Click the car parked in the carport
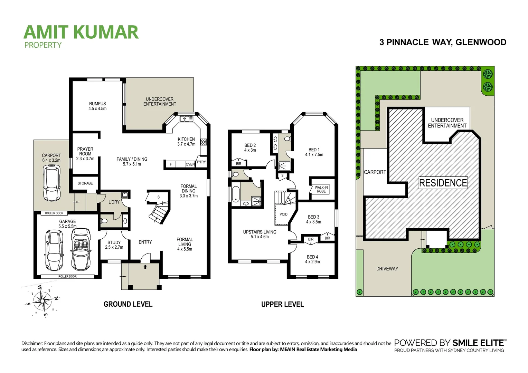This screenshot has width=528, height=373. coord(51,183)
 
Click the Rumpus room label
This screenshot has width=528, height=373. coord(97,106)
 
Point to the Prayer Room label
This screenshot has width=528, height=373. coord(85,154)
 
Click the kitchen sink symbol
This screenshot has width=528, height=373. coord(186,119)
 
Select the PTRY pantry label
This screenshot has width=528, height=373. coord(201,162)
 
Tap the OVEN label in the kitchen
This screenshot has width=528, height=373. coord(190,164)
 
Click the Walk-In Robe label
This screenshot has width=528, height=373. coord(321,189)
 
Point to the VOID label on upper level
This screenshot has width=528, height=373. coord(283,214)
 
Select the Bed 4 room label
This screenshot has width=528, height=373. coord(312,259)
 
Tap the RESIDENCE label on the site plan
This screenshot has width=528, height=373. coord(443,183)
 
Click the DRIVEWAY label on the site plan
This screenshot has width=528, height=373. coord(387,269)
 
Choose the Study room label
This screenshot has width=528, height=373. coord(114,245)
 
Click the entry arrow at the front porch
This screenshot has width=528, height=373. coord(145,267)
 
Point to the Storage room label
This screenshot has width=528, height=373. coord(85,183)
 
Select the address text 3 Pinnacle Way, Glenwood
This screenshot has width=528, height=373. coord(443,42)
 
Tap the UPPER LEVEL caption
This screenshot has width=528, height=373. coord(282,304)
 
